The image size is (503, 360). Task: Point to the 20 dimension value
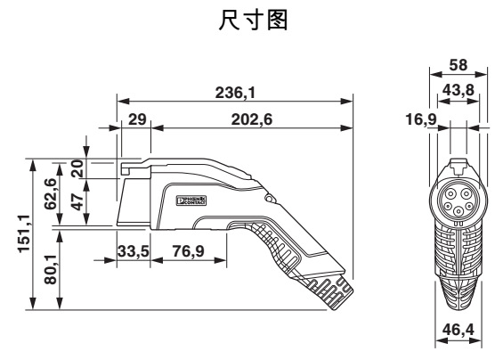77,168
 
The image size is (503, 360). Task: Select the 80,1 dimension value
59,267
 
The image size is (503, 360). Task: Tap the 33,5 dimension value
132,252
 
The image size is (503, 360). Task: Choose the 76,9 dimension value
187,252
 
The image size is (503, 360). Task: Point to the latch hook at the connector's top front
126,166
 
